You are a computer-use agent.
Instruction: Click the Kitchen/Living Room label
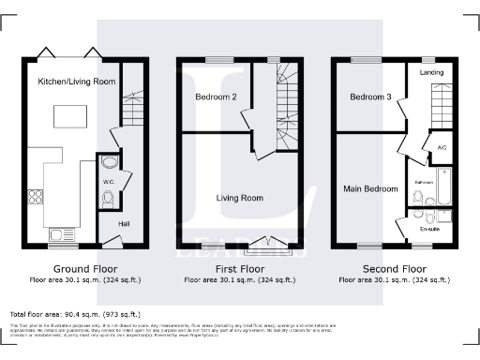[x=77, y=82]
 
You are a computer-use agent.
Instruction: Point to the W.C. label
[x=108, y=182]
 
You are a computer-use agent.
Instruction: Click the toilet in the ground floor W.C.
[x=108, y=197]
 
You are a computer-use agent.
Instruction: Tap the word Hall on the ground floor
[x=125, y=223]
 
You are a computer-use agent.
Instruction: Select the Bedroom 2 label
[x=215, y=97]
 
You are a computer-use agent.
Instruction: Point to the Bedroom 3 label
[x=369, y=97]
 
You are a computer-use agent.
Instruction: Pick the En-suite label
[x=430, y=228]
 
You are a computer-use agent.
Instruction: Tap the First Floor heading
[x=241, y=267]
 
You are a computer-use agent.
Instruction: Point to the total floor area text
[x=75, y=314]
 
